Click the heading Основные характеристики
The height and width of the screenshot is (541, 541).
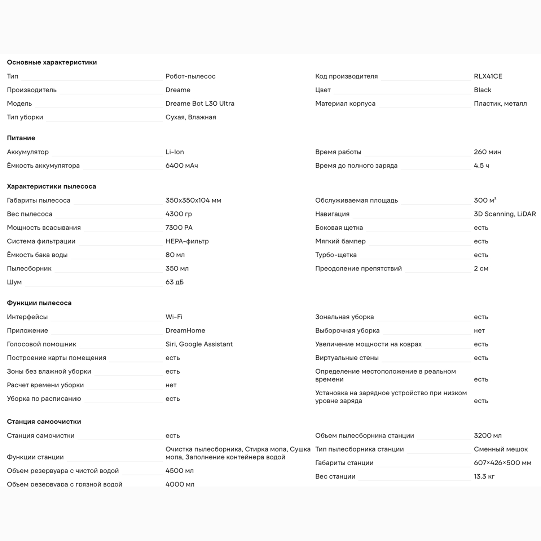[x=52, y=62]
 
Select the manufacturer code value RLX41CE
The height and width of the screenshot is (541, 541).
[x=488, y=76]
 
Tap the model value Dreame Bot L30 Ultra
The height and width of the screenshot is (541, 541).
[x=200, y=104]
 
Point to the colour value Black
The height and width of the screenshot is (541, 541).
[x=482, y=90]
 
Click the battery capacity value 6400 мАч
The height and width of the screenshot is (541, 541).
[x=181, y=166]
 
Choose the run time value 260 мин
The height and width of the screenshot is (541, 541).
[x=487, y=152]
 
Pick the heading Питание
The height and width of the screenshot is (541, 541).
[x=21, y=138]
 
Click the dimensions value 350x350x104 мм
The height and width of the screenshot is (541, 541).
[x=193, y=200]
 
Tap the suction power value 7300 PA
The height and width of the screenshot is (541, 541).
[x=179, y=228]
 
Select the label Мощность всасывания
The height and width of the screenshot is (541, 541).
[x=44, y=228]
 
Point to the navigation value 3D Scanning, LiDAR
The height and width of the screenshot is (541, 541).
[x=505, y=214]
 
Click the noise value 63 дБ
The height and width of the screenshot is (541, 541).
[x=174, y=282]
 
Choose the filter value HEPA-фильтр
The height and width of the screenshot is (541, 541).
[x=187, y=241]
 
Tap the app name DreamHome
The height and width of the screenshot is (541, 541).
[x=185, y=330]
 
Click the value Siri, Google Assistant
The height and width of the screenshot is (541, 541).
[x=199, y=344]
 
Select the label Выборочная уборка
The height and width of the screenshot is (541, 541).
[x=347, y=330]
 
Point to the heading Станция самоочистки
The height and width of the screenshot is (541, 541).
[x=44, y=422]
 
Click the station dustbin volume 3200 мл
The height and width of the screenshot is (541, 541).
[x=487, y=436]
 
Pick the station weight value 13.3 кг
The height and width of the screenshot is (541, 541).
[x=484, y=476]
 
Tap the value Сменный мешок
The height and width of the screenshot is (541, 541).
[x=501, y=449]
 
